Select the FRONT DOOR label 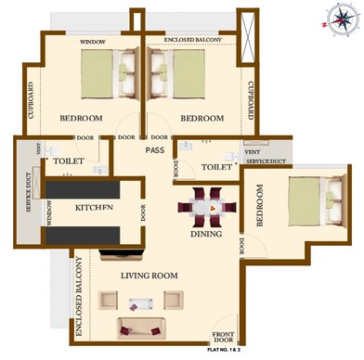[223, 338]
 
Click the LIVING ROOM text [149, 276]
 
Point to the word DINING [206, 234]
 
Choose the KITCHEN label [94, 207]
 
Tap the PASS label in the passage [154, 149]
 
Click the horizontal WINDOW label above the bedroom [92, 42]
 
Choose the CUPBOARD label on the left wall [31, 99]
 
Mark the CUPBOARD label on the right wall [250, 99]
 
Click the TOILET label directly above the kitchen [69, 161]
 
